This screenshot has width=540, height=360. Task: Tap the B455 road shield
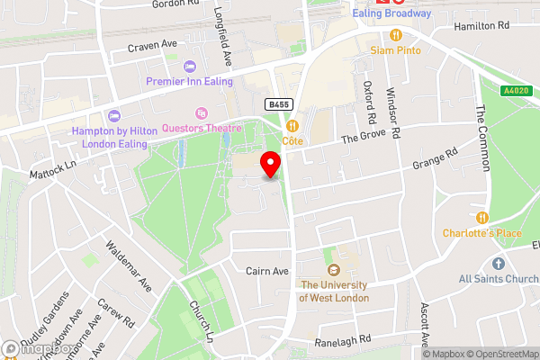[276, 105]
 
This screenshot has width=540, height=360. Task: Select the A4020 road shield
[516, 91]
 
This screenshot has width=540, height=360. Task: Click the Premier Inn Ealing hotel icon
[189, 66]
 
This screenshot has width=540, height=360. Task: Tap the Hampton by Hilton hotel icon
[113, 115]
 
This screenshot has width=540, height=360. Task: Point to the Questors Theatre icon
[201, 113]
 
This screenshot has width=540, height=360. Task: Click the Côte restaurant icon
[292, 127]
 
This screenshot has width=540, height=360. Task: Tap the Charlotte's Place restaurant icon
[481, 217]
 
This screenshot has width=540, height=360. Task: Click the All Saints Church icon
[498, 263]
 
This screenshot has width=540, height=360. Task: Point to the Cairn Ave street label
[266, 270]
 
